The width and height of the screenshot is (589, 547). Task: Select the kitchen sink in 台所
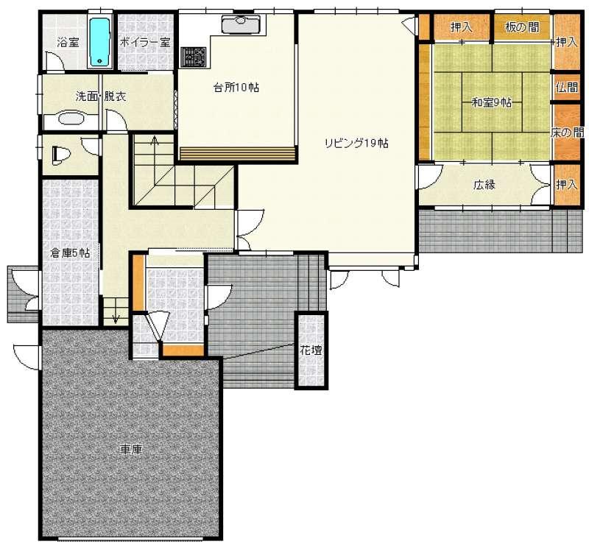238,24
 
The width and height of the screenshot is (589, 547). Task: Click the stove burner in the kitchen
194,57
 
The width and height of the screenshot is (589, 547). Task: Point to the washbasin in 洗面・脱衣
71,118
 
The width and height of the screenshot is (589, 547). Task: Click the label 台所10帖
236,88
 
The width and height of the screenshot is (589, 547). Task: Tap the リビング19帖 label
356,143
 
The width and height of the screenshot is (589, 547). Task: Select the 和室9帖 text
492,102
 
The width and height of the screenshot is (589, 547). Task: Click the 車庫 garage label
132,449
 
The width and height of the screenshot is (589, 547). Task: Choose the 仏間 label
567,88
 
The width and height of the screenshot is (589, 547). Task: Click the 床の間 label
567,133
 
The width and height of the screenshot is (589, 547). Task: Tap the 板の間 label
522,27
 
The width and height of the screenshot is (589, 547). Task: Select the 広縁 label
484,185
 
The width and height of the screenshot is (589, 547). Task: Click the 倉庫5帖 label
70,253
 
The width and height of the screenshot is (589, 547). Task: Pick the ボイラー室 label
145,42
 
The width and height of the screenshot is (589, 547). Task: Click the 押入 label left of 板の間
462,27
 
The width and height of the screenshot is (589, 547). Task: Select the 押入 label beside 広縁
566,185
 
